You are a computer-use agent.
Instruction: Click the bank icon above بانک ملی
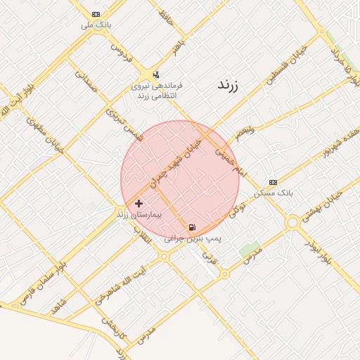click(96, 14)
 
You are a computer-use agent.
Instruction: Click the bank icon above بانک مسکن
click(273, 182)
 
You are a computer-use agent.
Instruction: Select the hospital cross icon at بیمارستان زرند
click(139, 203)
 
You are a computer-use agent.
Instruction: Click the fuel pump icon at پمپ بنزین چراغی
click(192, 228)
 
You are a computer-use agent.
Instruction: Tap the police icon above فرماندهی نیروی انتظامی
click(155, 74)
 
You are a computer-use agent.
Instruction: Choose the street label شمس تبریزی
click(124, 124)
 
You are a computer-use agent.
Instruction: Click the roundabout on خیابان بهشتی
click(292, 223)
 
